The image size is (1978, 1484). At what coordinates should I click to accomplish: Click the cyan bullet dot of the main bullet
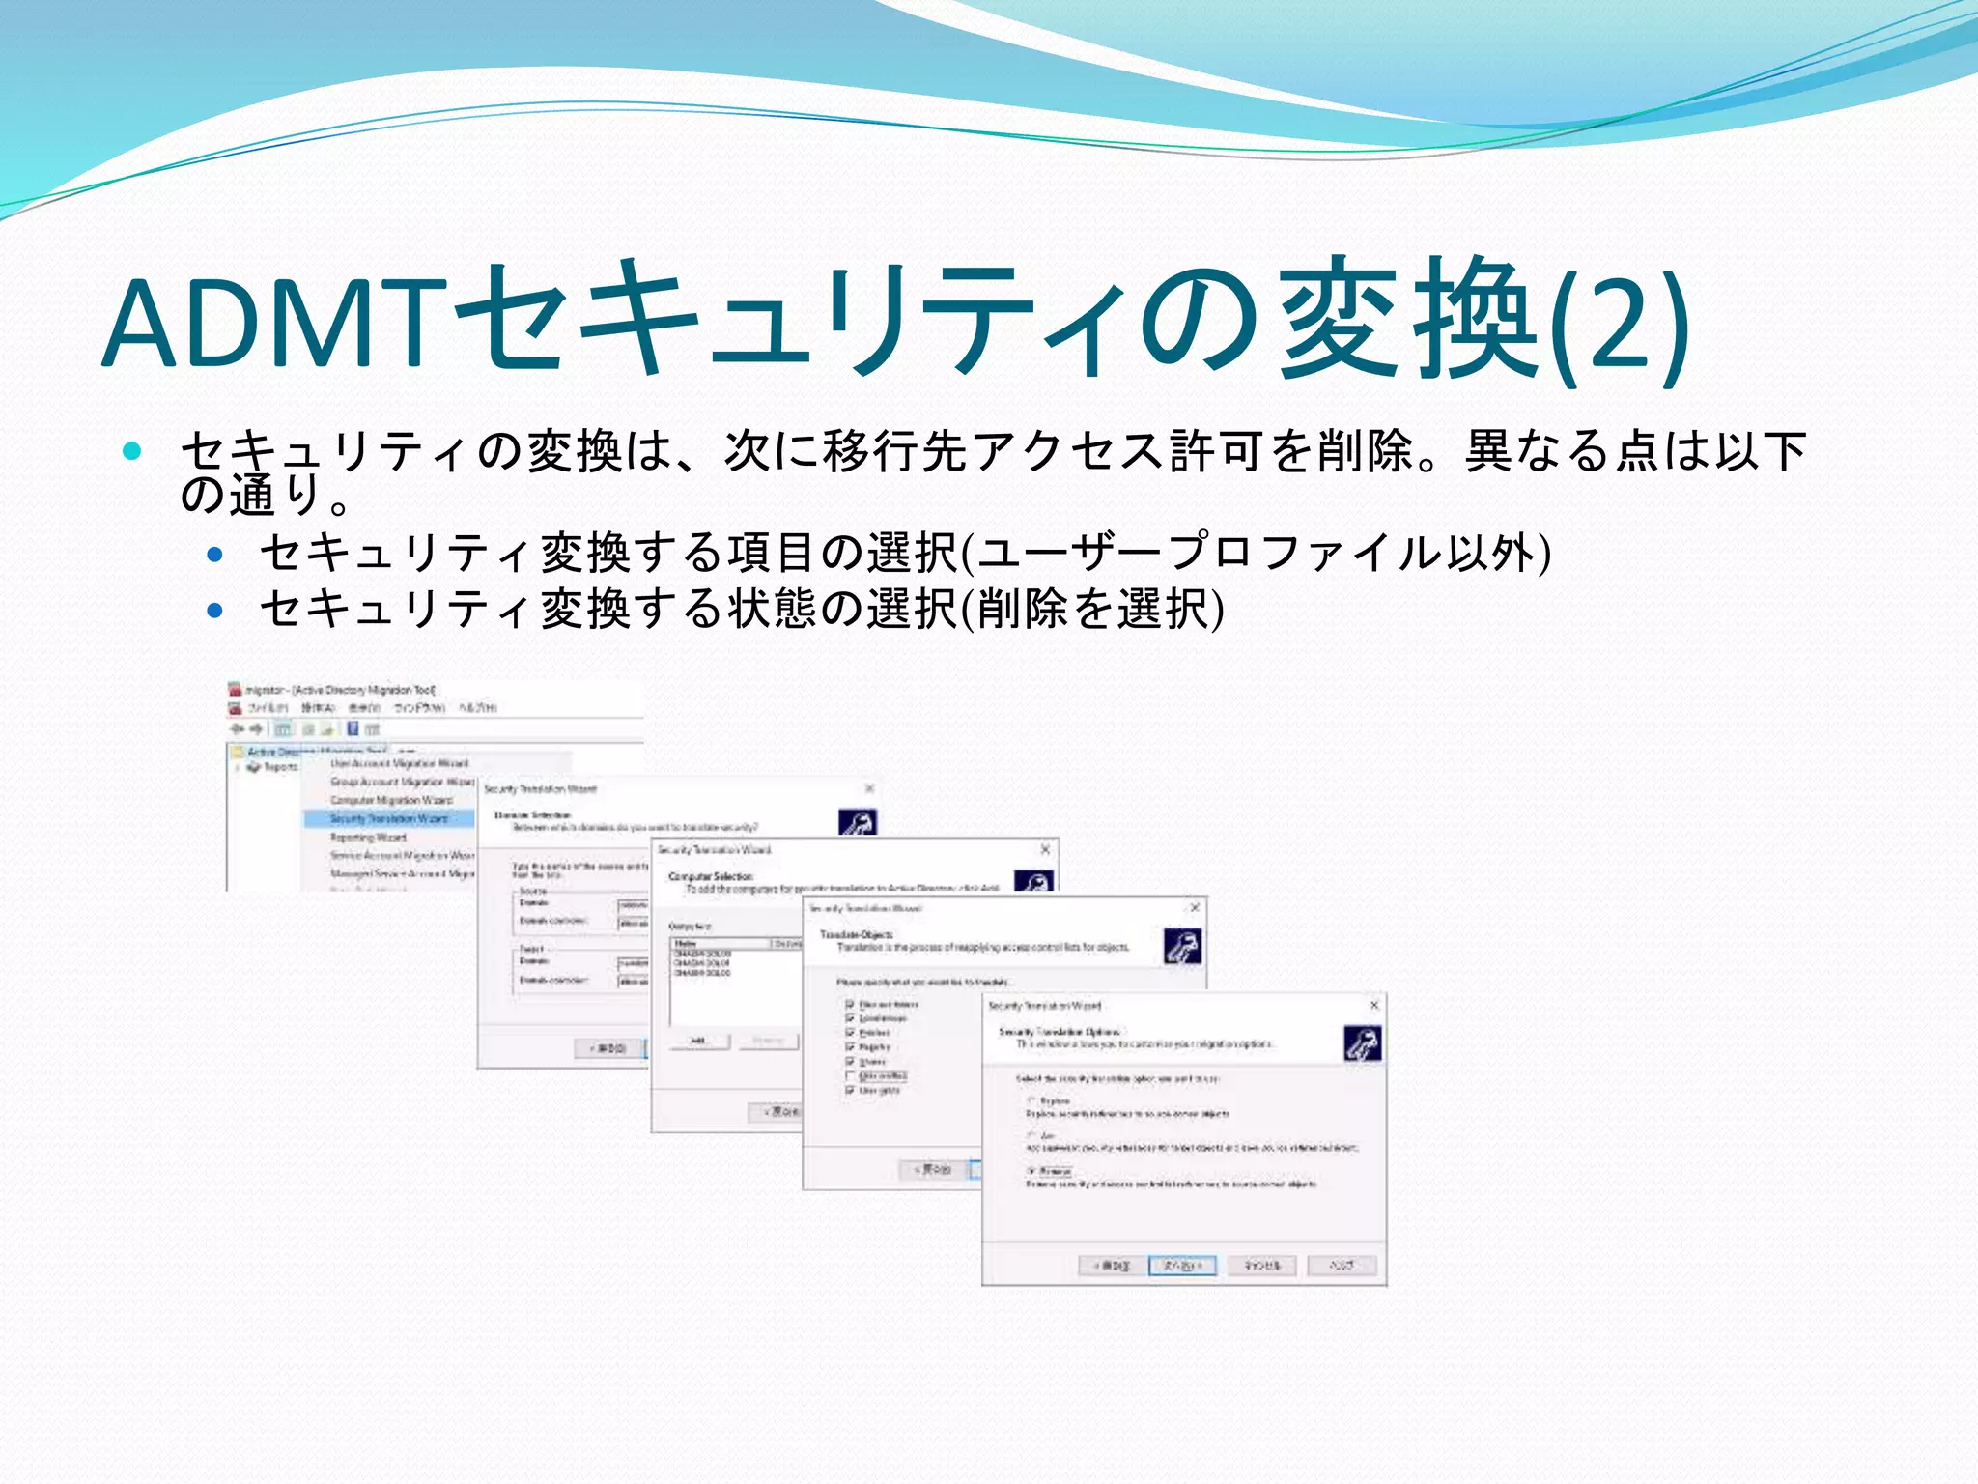coord(133,450)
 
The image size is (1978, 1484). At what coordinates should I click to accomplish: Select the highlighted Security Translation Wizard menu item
coord(388,819)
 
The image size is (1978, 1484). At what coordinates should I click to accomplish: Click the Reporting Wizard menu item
coord(368,838)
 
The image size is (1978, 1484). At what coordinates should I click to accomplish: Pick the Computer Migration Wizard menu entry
coord(391,800)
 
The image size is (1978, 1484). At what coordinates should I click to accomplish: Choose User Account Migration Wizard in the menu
coord(399,763)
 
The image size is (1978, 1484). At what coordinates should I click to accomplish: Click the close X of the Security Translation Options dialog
coord(1374,1006)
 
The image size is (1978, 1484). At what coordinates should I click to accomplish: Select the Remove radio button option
coord(1032,1171)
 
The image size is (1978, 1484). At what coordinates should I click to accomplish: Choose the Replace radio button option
coord(1032,1100)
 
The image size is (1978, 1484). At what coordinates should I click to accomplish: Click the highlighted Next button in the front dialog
coord(1182,1266)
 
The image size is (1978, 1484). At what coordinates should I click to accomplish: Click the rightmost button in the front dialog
coord(1342,1266)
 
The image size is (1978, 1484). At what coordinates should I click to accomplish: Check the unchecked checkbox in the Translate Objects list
coord(850,1076)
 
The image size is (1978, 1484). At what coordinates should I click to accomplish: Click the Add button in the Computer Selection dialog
coord(697,1041)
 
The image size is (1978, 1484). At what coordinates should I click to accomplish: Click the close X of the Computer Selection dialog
coord(1045,849)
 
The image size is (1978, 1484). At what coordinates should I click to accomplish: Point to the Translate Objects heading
coord(857,934)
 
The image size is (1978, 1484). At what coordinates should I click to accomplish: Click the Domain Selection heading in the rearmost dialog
coord(532,815)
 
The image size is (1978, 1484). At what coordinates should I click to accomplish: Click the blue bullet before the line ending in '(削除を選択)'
coord(215,611)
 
